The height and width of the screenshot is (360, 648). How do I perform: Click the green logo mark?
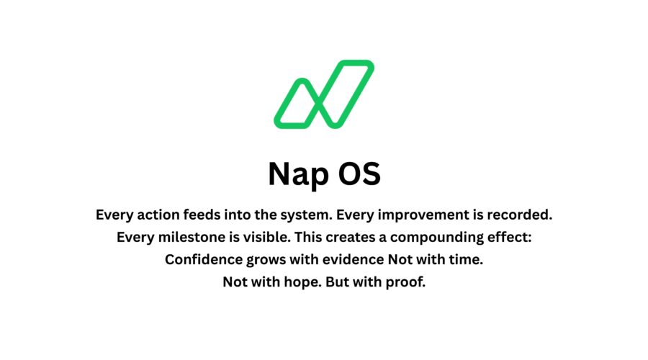[x=323, y=94]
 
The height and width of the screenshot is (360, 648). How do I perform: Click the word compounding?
[x=438, y=237]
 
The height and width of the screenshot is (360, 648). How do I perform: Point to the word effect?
[x=508, y=237]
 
